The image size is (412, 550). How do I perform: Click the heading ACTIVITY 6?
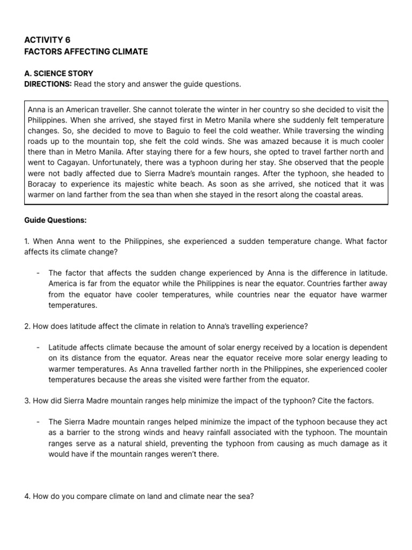(47, 40)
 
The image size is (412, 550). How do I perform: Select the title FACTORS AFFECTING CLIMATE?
(86, 52)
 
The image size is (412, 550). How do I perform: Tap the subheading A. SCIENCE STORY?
(58, 73)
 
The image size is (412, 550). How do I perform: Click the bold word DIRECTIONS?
(48, 84)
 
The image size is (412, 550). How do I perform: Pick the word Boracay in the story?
(43, 183)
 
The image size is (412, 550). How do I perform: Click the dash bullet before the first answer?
(38, 273)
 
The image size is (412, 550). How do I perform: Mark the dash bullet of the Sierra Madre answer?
(38, 422)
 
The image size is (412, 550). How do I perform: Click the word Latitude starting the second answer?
(63, 348)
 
